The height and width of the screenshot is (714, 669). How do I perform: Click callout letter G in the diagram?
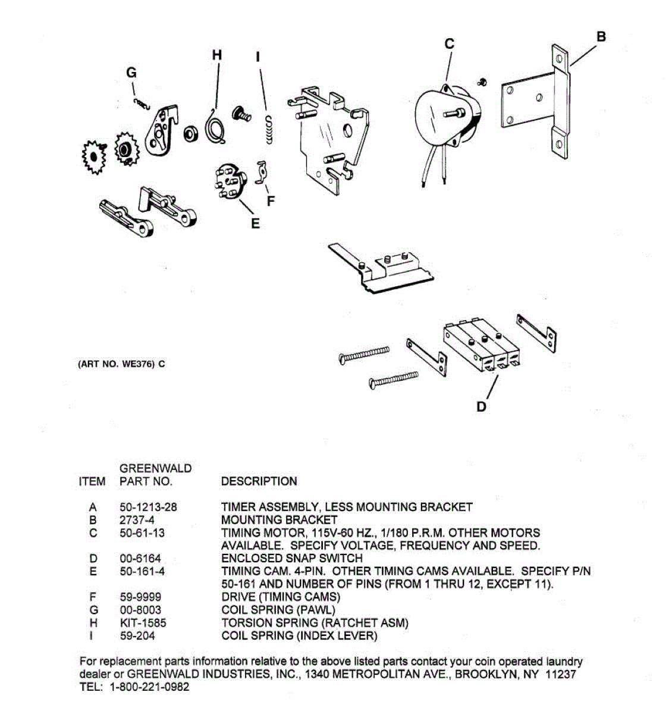[x=131, y=73]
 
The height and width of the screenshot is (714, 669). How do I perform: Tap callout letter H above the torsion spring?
[x=217, y=55]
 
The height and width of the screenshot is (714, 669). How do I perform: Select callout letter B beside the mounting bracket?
[x=601, y=36]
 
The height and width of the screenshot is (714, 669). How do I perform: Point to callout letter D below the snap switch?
[x=481, y=406]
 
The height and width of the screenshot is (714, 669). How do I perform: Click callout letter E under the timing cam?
[x=255, y=224]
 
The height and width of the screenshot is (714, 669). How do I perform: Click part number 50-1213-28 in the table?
[x=148, y=508]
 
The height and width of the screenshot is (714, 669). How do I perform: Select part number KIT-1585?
[x=143, y=623]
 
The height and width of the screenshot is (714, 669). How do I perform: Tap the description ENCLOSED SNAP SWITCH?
[x=291, y=558]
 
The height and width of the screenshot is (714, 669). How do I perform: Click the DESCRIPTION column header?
[x=259, y=481]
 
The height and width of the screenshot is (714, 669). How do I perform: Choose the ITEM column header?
[x=92, y=481]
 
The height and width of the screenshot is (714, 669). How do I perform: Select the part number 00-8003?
[x=140, y=610]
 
